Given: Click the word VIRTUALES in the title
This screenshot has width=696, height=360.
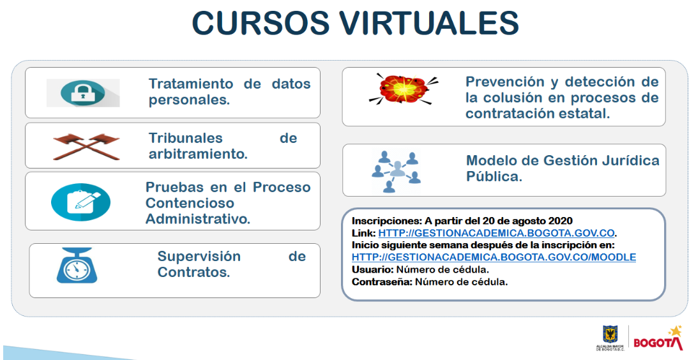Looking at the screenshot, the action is click(x=429, y=22).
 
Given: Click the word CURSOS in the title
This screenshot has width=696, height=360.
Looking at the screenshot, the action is click(x=260, y=22).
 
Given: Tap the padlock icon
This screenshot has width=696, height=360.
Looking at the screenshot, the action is click(x=83, y=93).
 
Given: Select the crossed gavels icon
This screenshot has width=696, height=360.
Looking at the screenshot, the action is click(x=87, y=146).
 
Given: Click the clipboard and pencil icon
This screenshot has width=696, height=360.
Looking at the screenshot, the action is click(x=81, y=202).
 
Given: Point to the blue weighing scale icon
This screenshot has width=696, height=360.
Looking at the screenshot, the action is click(x=77, y=266).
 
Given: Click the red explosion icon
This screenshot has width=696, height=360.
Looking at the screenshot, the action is click(x=403, y=89).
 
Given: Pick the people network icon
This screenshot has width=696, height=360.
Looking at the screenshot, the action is click(x=396, y=172).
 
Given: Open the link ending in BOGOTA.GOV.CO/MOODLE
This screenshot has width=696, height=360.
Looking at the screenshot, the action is click(x=494, y=257).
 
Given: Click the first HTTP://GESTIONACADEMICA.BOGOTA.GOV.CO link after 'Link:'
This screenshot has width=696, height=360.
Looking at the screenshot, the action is click(x=496, y=233).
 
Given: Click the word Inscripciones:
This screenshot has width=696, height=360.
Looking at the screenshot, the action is click(x=386, y=221).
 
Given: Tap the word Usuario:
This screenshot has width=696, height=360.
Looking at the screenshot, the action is click(x=372, y=269).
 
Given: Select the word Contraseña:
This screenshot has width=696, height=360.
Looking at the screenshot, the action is click(x=382, y=282).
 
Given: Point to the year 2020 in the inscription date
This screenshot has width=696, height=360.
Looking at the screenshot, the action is click(x=560, y=221).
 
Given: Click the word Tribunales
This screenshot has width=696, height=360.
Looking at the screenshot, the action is click(x=186, y=138).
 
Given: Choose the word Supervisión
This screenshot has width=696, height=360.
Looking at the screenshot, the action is click(x=199, y=256).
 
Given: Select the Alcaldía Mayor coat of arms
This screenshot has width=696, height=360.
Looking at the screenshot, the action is click(x=610, y=334).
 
